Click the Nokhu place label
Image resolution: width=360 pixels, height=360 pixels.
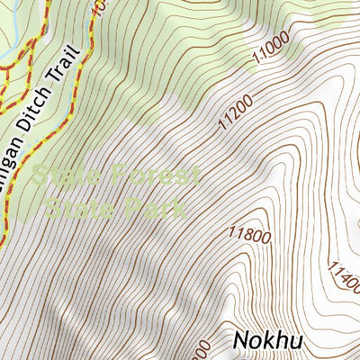click(x=267, y=340)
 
